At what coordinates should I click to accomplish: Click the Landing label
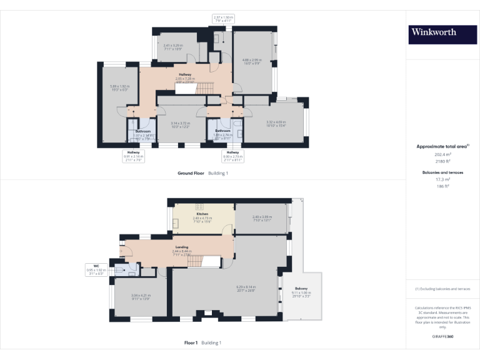pyautogui.click(x=181, y=247)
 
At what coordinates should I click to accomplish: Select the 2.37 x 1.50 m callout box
pyautogui.click(x=223, y=19)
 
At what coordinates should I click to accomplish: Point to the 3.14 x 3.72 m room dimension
pyautogui.click(x=180, y=124)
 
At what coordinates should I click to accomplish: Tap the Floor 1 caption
pyautogui.click(x=191, y=342)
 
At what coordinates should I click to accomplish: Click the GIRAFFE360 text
pyautogui.click(x=442, y=336)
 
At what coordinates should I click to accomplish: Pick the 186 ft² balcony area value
pyautogui.click(x=442, y=186)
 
